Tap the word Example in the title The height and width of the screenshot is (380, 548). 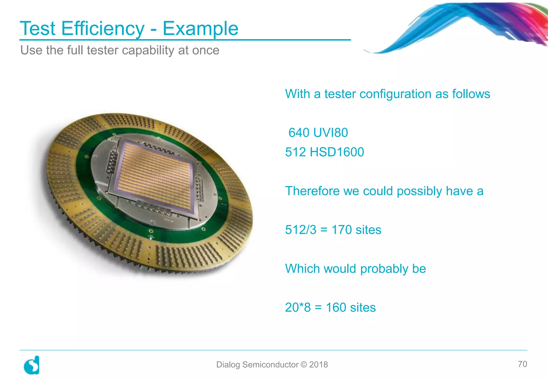tap(200, 28)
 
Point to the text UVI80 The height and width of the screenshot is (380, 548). tap(330, 133)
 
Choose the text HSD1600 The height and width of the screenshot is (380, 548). tap(337, 152)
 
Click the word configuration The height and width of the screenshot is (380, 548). tap(395, 94)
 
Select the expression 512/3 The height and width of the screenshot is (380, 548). tap(301, 230)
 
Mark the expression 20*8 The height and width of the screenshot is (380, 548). tap(298, 307)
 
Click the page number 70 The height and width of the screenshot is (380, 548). tap(522, 364)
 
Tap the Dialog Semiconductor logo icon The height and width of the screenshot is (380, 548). tap(32, 365)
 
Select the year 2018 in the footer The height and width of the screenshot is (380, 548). tap(318, 365)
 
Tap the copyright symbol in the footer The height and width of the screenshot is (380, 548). tap(304, 365)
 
